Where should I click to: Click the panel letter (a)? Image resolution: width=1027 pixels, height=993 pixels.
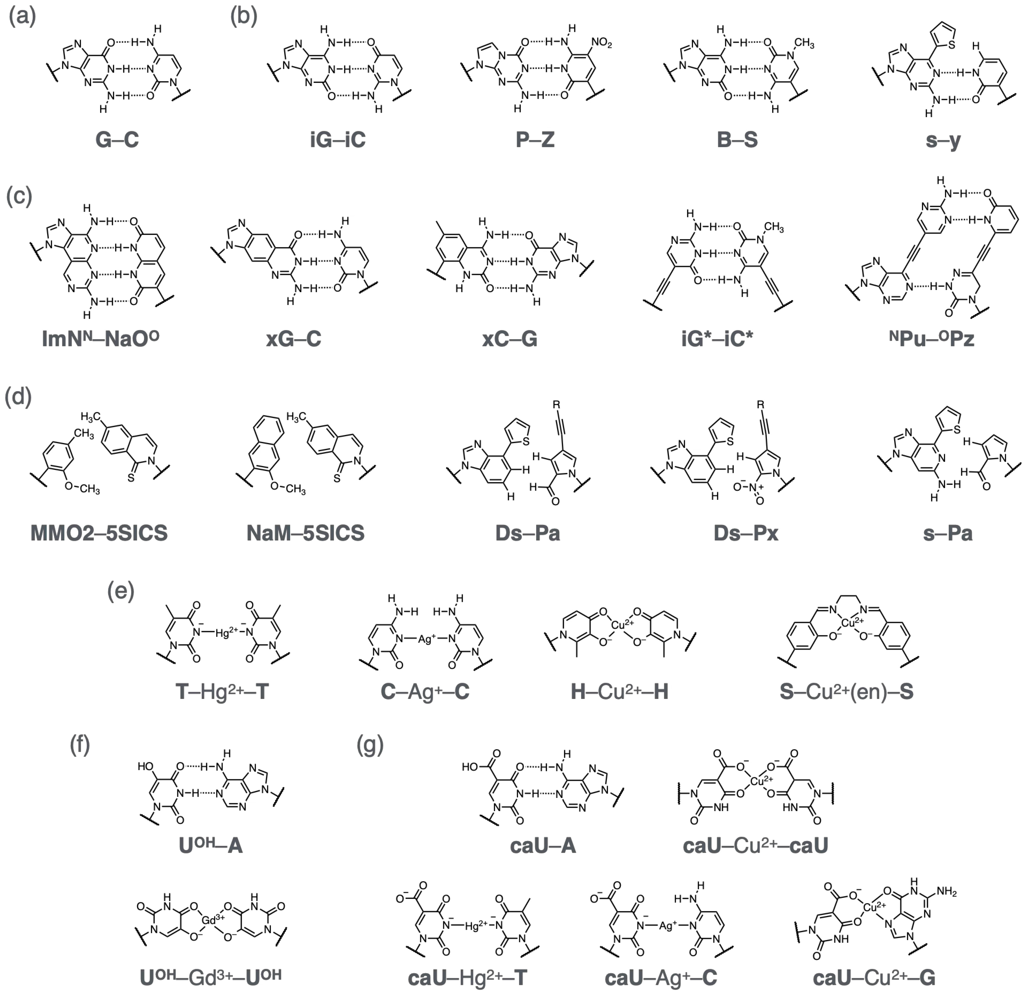pyautogui.click(x=22, y=17)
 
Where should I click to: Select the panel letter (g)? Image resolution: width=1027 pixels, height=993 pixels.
pyautogui.click(x=370, y=744)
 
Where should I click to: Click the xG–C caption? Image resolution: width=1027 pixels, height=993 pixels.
pyautogui.click(x=293, y=339)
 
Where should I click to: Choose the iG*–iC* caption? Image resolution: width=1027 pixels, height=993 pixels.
pyautogui.click(x=717, y=339)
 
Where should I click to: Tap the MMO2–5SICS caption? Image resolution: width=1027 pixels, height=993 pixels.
pyautogui.click(x=99, y=533)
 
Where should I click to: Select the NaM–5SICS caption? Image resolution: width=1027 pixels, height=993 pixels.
pyautogui.click(x=306, y=533)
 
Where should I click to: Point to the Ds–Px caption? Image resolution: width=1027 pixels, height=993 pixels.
pyautogui.click(x=746, y=533)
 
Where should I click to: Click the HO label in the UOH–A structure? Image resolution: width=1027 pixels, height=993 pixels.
pyautogui.click(x=145, y=767)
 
